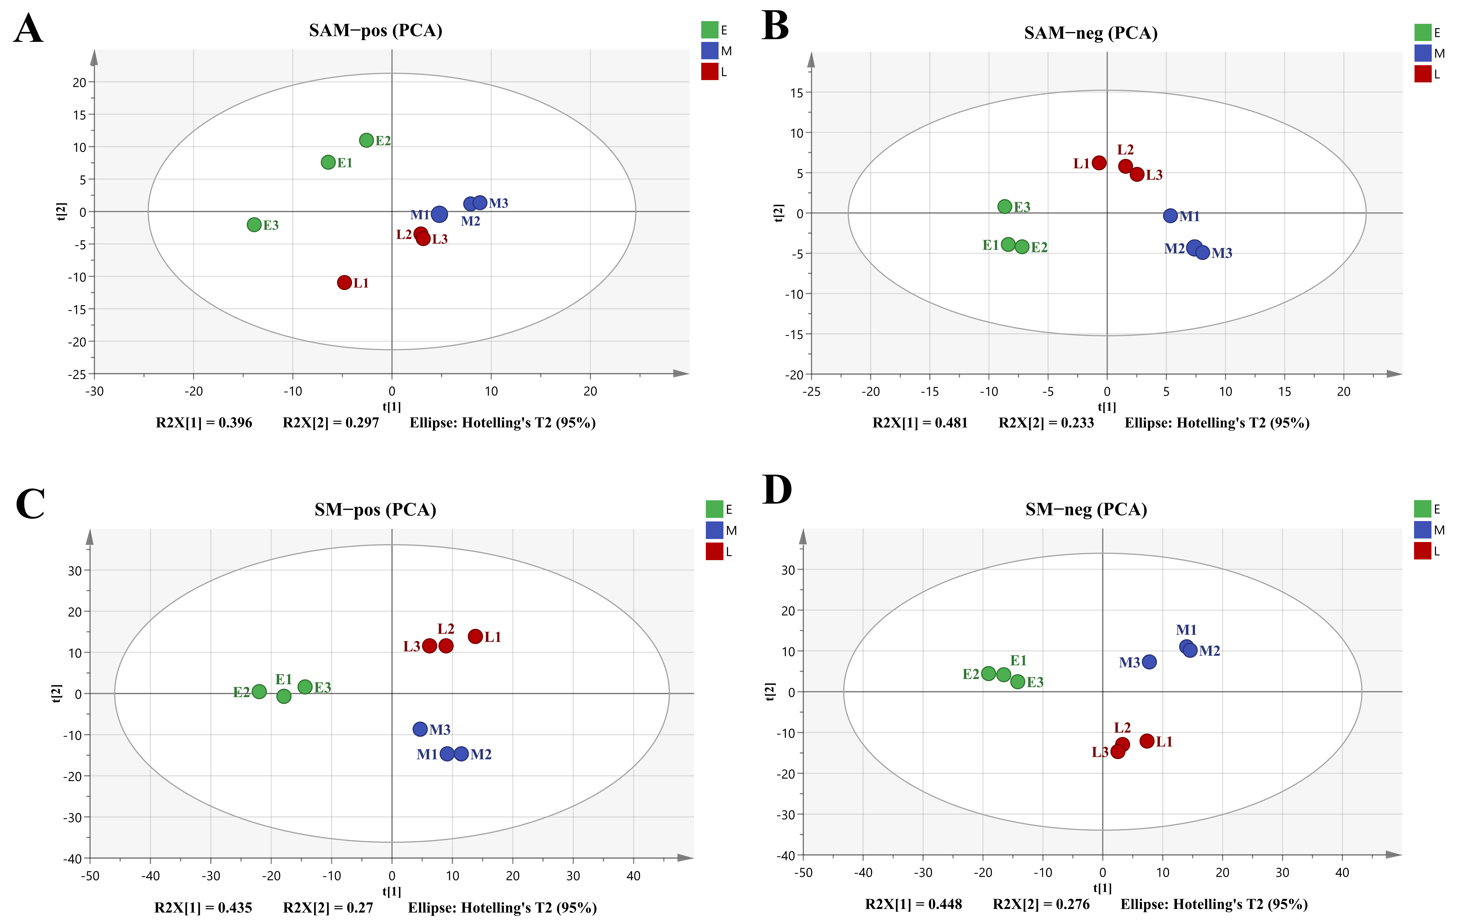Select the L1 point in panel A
[x=344, y=282]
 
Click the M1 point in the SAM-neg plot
[x=1170, y=216]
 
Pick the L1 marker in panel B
[x=1098, y=162]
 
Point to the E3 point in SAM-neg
[x=1005, y=206]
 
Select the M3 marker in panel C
[x=420, y=729]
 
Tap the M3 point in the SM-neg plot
[x=1149, y=662]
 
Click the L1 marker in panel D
[x=1146, y=741]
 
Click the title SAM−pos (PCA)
[x=376, y=30]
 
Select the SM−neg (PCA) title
[x=1086, y=509]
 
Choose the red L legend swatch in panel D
[x=1422, y=551]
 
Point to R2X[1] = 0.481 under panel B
[x=920, y=423]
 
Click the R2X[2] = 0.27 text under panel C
[x=328, y=908]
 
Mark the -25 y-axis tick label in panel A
[x=77, y=374]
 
